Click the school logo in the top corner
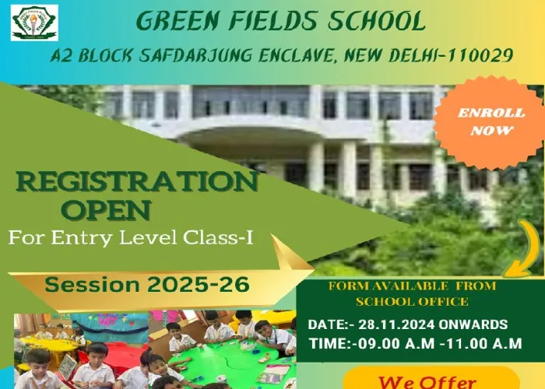click(x=34, y=23)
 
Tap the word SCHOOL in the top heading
click(x=377, y=21)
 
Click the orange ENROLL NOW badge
click(x=490, y=122)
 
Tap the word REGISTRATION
click(x=136, y=181)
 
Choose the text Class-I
click(x=218, y=237)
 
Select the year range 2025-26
click(x=198, y=285)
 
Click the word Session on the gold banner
click(x=92, y=285)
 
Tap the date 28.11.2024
click(x=396, y=324)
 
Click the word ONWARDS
click(x=473, y=324)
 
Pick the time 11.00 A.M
click(x=484, y=344)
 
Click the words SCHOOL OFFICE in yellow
click(x=412, y=302)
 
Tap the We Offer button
click(x=431, y=380)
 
